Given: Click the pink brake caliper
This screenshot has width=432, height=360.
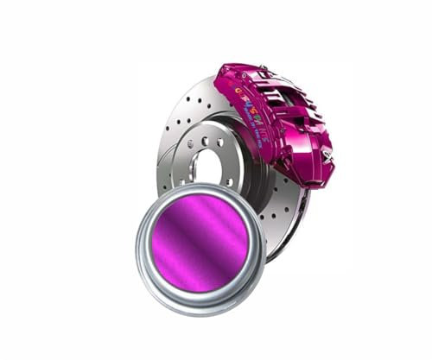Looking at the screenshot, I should [285, 121].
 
